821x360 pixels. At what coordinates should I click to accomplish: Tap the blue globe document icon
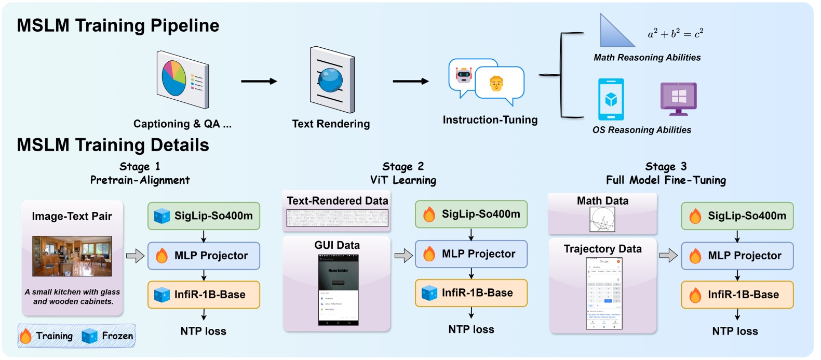pos(331,79)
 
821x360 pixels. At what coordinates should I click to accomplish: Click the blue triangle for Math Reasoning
pos(616,33)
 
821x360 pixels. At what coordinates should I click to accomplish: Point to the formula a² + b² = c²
pos(675,34)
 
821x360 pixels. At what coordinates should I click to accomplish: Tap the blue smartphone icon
pos(611,99)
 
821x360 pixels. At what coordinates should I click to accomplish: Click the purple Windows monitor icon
pos(678,98)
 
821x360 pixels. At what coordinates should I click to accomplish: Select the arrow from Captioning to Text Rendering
pos(259,81)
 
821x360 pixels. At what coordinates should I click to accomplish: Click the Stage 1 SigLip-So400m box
pos(204,216)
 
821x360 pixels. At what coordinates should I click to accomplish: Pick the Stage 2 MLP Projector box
pos(471,254)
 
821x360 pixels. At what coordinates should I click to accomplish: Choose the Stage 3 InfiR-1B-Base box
pos(737,295)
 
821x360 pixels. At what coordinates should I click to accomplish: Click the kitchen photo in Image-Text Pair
pos(72,256)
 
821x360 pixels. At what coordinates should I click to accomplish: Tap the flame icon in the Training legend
pos(25,337)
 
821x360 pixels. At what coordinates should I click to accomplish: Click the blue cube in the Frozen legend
pos(89,337)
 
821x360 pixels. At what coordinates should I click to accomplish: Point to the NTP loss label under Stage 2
pos(471,329)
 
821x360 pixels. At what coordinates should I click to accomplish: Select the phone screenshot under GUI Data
pos(338,290)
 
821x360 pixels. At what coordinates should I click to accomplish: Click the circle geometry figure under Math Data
pos(602,219)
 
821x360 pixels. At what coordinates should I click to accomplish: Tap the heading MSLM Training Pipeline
pos(118,25)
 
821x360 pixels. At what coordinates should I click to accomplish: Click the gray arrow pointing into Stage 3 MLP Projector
pos(668,256)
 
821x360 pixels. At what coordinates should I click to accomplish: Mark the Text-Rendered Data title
pos(337,201)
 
